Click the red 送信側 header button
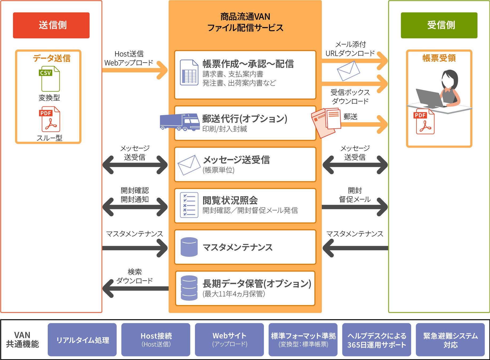tap(51, 25)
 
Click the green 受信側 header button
tap(439, 25)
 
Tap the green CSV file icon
tap(50, 79)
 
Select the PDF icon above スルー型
tap(50, 119)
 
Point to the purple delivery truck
tap(179, 122)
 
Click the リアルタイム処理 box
tap(82, 340)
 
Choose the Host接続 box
tap(156, 340)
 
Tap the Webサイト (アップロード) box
tap(229, 340)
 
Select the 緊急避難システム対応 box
tap(450, 340)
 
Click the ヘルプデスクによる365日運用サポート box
tap(376, 340)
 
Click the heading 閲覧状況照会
tap(230, 200)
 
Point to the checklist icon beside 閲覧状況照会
tap(189, 205)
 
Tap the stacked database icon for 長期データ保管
tap(189, 288)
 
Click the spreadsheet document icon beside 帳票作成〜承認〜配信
tap(189, 73)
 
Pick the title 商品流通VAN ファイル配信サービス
tap(245, 22)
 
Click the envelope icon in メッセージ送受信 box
tap(189, 165)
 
